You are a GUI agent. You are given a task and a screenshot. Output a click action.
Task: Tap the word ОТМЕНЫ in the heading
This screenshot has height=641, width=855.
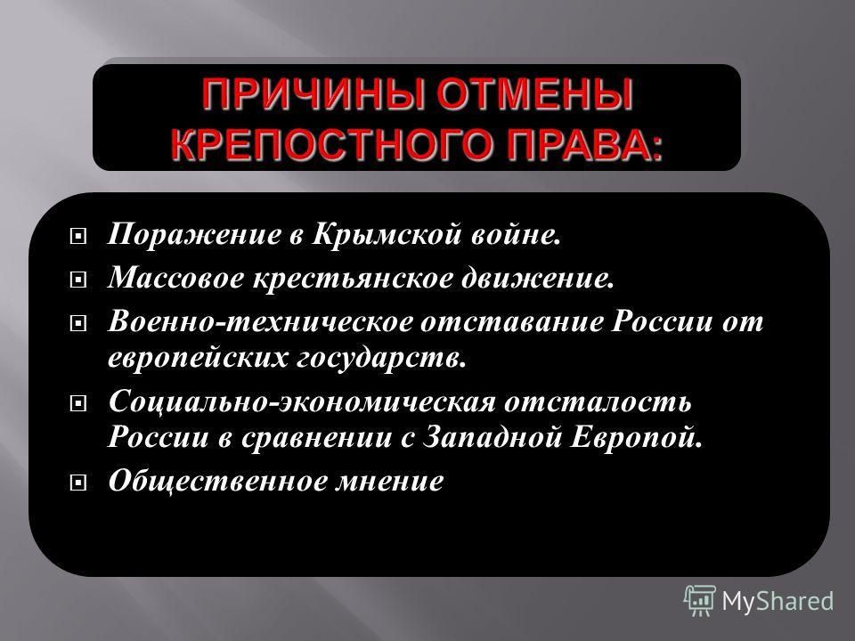click(534, 95)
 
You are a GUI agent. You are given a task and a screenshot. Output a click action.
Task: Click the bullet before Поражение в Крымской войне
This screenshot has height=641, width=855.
click(78, 237)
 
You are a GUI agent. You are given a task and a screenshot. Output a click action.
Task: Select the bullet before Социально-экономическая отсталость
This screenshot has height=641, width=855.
click(78, 404)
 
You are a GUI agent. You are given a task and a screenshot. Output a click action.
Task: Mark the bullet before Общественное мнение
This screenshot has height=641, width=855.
click(78, 483)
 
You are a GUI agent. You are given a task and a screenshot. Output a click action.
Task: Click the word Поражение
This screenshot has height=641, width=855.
click(193, 235)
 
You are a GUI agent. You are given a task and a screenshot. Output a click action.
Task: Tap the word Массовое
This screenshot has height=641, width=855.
click(176, 278)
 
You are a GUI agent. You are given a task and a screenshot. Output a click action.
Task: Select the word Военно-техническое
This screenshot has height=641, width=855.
click(261, 321)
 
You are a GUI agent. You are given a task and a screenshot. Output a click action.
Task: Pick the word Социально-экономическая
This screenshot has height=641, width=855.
click(302, 402)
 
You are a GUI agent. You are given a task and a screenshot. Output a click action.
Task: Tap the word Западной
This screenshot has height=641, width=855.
click(493, 438)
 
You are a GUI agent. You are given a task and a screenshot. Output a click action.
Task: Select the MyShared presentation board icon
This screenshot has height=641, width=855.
click(700, 601)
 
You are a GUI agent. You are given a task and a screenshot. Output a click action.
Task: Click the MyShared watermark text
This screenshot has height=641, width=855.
click(778, 602)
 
